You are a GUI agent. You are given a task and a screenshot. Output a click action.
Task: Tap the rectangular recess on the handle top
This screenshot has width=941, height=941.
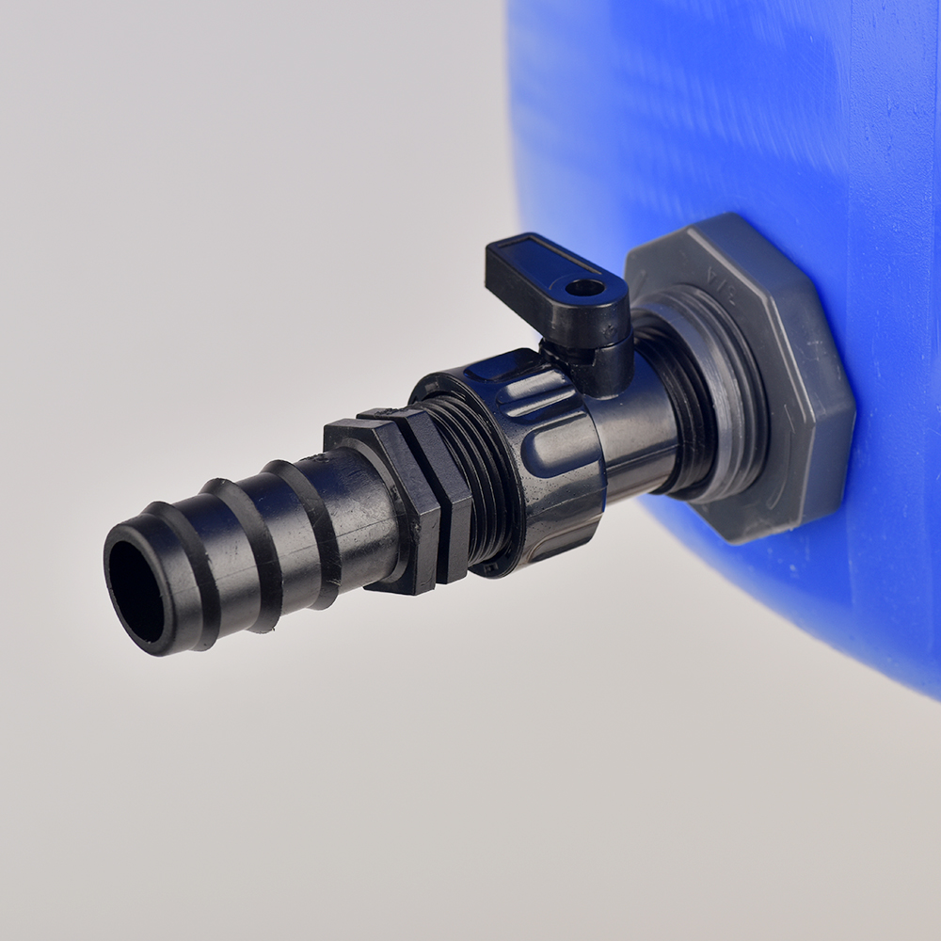(x=536, y=259)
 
